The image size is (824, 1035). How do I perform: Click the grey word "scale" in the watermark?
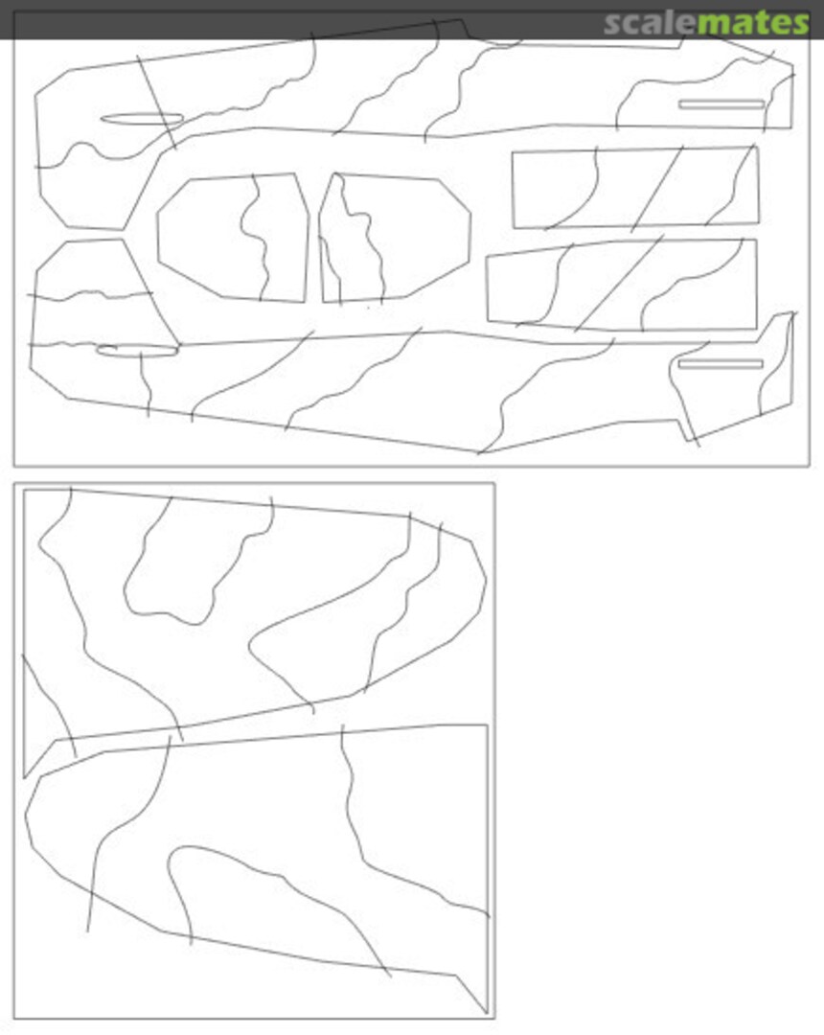tap(650, 23)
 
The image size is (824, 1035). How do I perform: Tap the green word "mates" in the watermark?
tap(753, 23)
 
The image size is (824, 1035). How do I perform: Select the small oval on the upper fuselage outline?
tap(142, 119)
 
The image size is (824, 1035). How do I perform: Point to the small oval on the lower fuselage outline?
tap(137, 351)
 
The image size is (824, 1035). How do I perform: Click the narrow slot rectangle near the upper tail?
tap(721, 104)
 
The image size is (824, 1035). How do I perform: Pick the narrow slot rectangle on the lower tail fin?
tap(721, 364)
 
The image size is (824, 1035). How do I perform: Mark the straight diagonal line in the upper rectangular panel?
tap(657, 189)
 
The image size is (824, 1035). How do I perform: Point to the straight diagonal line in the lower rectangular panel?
tap(618, 283)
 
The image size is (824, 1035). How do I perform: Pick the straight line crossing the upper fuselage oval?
tap(156, 103)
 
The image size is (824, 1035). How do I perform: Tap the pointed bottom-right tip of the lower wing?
tap(487, 1013)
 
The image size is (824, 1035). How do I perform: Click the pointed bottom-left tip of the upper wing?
tap(24, 777)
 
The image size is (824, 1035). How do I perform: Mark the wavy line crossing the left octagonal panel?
tap(254, 238)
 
